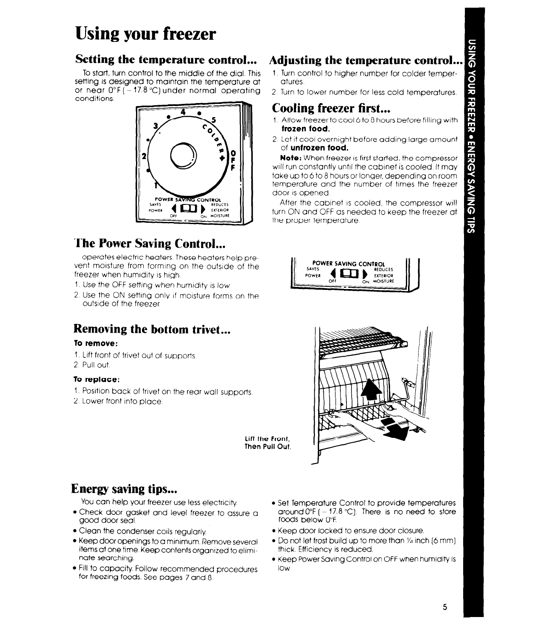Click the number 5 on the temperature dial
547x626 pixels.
coord(213,121)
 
